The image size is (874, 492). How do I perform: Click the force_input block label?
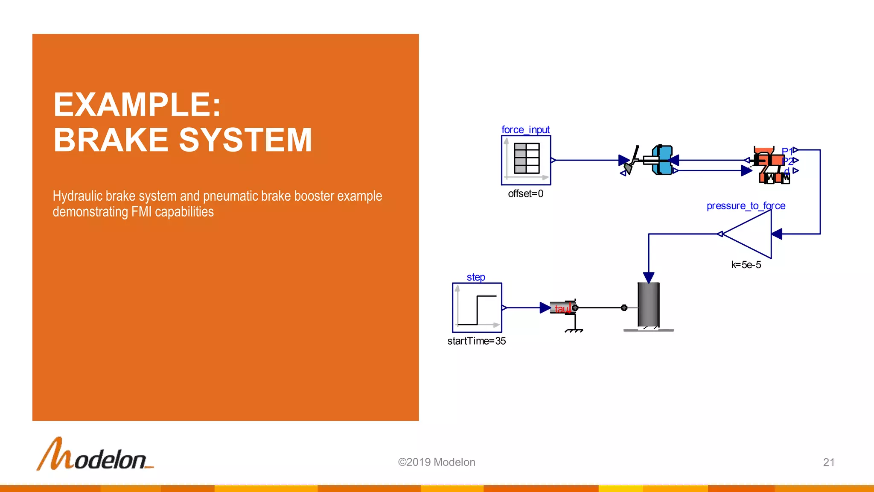click(525, 129)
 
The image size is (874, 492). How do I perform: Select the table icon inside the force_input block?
click(527, 158)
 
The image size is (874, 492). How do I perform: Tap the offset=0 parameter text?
click(525, 193)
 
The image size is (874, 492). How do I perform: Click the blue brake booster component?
click(663, 160)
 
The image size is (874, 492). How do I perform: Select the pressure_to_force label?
click(746, 206)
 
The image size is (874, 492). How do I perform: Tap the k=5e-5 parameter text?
click(746, 265)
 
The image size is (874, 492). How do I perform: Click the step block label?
click(476, 277)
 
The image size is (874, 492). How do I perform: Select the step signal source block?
click(477, 307)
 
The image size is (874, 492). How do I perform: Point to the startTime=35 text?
click(476, 341)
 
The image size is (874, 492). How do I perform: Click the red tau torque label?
click(561, 308)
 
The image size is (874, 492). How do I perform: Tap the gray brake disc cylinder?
click(648, 305)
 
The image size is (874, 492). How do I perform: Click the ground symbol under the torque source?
click(574, 330)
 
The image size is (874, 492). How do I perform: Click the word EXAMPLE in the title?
click(137, 105)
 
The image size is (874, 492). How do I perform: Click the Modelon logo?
click(95, 454)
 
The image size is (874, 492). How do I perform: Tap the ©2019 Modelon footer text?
click(437, 462)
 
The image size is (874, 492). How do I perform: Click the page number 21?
click(828, 462)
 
